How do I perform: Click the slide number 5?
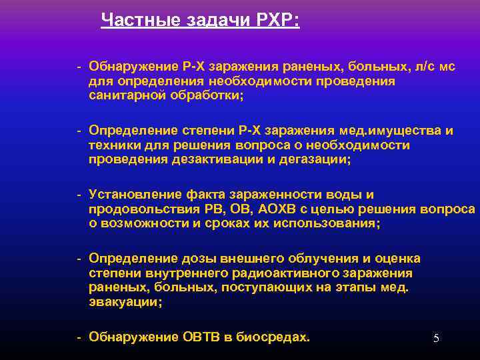point(436,339)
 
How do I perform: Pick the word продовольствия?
point(137,209)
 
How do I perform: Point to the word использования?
point(329,224)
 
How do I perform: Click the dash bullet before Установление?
point(79,195)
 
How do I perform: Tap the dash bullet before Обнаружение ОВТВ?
point(79,337)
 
